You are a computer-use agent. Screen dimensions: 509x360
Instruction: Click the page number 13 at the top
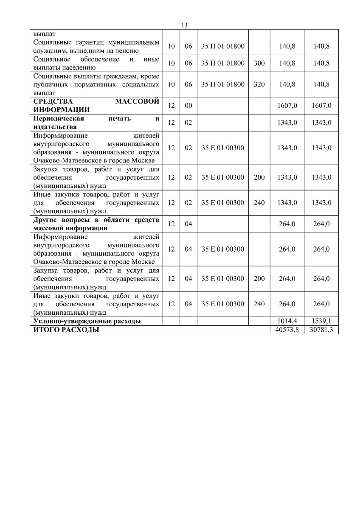[x=184, y=25]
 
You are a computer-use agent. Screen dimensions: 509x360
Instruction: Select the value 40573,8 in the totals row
[x=287, y=330]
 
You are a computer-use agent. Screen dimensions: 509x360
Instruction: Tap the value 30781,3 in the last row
[x=321, y=330]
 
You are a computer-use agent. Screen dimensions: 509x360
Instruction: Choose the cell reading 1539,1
[x=321, y=321]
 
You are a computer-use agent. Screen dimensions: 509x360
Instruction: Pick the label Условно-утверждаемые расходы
[x=87, y=321]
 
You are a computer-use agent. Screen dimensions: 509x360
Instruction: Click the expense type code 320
[x=259, y=84]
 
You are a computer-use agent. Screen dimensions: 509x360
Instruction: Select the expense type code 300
[x=259, y=63]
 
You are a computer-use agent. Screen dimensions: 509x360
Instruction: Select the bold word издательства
[x=55, y=127]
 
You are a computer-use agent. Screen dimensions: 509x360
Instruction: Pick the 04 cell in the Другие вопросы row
[x=188, y=224]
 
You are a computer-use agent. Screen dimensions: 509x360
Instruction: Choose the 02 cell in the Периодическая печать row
[x=188, y=123]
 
